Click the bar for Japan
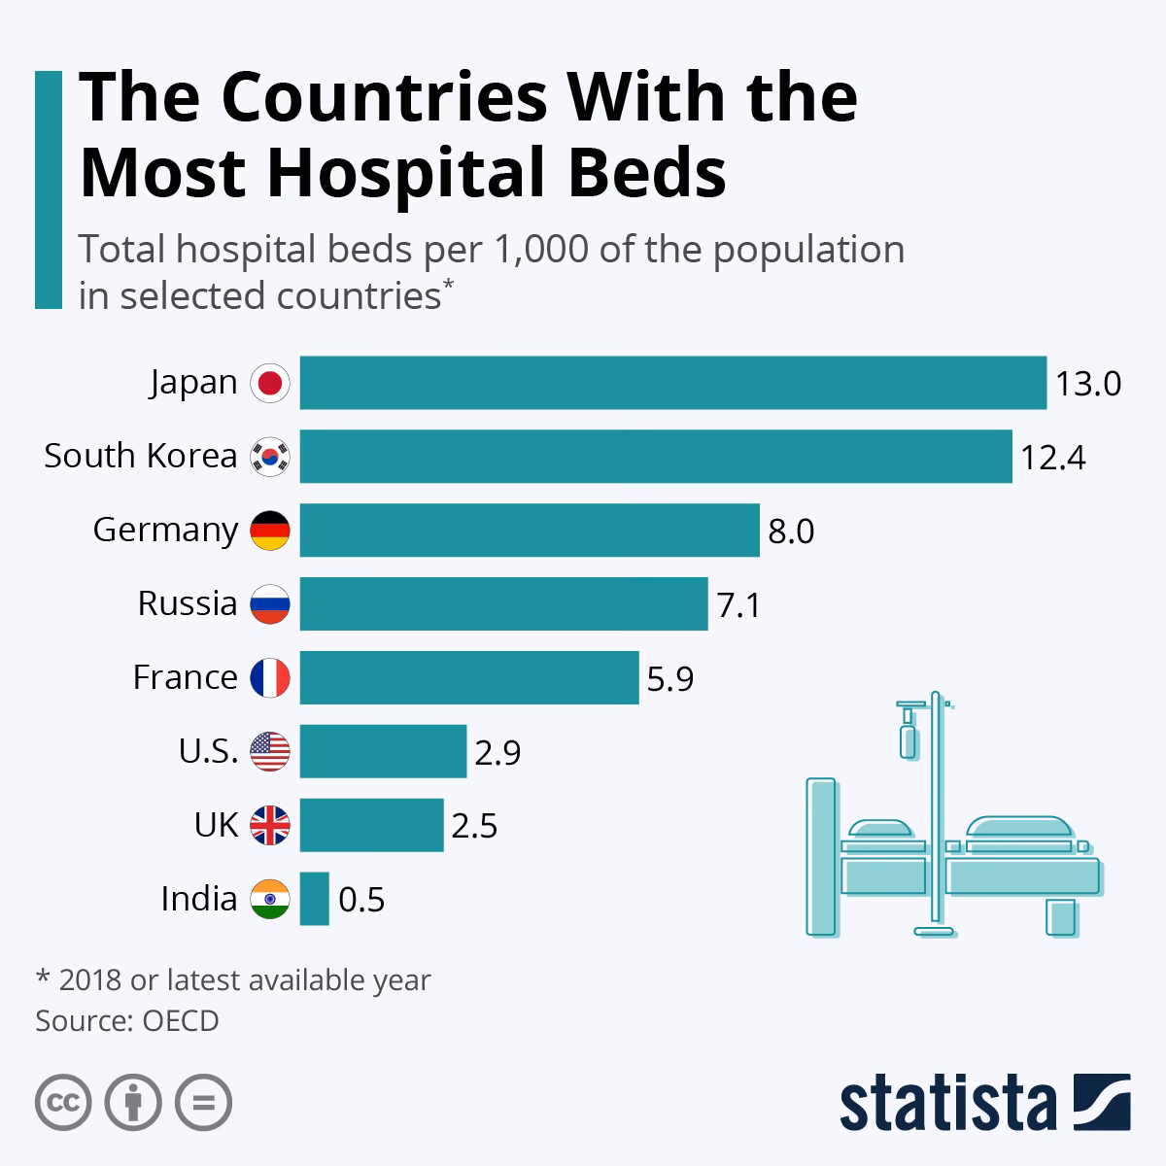pos(672,383)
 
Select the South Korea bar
pos(656,457)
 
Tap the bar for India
pos(314,899)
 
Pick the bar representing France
pos(469,677)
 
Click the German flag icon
pos(270,531)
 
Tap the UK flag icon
pos(270,826)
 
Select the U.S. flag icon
pos(270,752)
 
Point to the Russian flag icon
pos(270,604)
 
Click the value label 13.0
pos(1088,384)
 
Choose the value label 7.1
pos(738,605)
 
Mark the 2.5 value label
pos(474,826)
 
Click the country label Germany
pos(165,531)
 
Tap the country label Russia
pos(188,603)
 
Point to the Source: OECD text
pos(127,1021)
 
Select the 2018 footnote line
pos(233,980)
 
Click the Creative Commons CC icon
pos(63,1102)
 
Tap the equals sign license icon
pos(203,1102)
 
